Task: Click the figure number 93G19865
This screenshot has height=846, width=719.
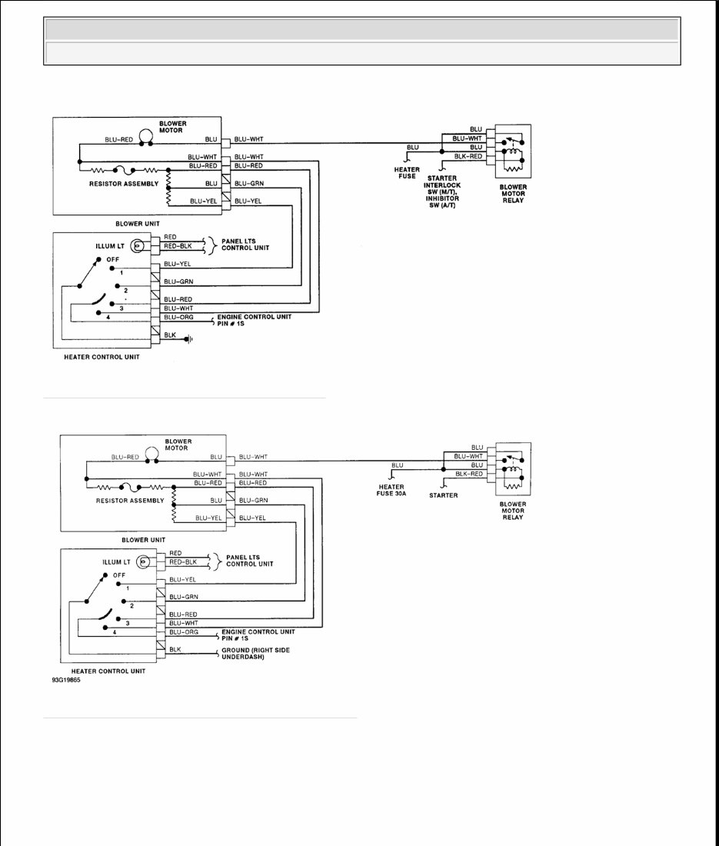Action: point(67,679)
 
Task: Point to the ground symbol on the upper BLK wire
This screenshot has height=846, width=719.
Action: point(188,337)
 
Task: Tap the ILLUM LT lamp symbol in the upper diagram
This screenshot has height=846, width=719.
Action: point(138,247)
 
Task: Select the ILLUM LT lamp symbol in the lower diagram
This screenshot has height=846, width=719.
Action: point(142,562)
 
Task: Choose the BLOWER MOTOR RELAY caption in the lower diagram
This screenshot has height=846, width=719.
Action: point(512,511)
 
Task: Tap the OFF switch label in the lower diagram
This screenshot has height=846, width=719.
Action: point(118,575)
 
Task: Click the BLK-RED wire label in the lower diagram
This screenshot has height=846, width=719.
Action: point(468,475)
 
